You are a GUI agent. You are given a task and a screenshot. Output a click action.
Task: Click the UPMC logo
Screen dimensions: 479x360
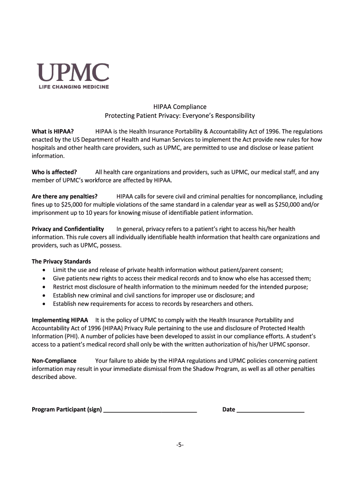[x=73, y=73]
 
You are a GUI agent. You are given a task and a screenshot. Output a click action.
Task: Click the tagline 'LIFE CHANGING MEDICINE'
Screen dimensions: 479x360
[x=73, y=87]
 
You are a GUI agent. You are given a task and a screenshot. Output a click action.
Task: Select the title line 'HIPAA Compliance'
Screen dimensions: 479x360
[x=180, y=107]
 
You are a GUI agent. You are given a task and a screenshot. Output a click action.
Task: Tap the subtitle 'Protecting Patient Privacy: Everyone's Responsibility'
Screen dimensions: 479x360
[x=180, y=116]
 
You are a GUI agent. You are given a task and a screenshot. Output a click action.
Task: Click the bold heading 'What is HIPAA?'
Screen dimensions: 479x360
[x=52, y=131]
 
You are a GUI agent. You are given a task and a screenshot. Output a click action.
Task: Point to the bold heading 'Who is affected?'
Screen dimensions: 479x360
[x=54, y=172]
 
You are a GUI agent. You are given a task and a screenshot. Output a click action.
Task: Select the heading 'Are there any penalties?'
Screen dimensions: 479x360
[x=65, y=196]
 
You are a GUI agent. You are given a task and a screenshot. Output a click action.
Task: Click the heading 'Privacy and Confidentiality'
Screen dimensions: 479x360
[x=68, y=229]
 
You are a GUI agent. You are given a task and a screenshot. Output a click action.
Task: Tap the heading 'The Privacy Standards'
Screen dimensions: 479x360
[x=61, y=261]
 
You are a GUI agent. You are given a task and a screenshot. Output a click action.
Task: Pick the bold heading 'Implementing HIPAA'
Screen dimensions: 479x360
[x=60, y=320]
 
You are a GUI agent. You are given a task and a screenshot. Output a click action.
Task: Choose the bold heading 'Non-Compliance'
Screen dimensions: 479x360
[x=54, y=361]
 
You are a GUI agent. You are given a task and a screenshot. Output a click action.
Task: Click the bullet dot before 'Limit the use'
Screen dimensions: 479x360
[x=44, y=270]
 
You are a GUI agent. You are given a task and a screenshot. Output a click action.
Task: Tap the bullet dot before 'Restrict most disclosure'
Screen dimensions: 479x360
[x=44, y=287]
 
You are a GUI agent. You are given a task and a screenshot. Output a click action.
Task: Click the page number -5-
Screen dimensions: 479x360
[x=180, y=445]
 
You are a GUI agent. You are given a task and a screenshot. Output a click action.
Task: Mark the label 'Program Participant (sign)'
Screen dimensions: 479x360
[x=67, y=410]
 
